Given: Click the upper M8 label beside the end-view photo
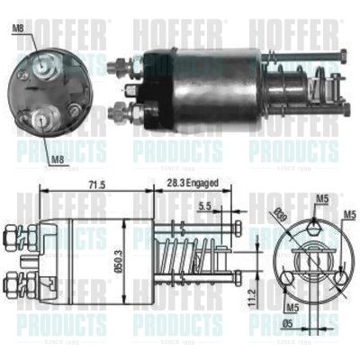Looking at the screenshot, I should point(18,31).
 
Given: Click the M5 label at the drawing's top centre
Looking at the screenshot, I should point(321,199).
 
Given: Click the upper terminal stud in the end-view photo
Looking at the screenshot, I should point(42,66).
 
